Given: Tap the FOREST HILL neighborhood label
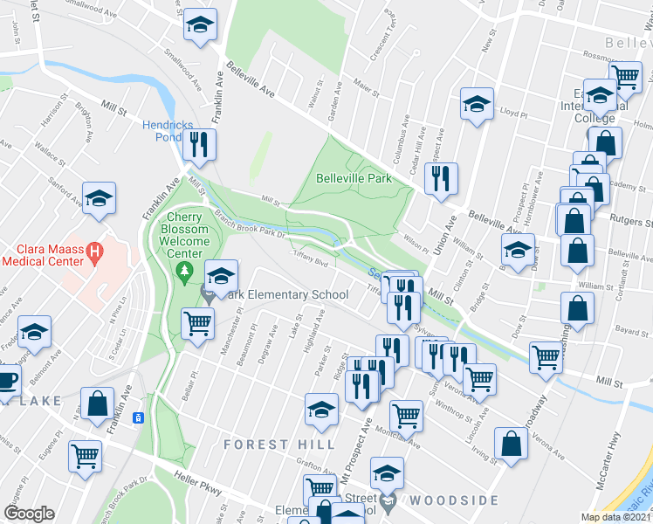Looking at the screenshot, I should coord(278,445).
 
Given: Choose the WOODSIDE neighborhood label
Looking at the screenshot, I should coord(454,500).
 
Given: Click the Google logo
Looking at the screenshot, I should coord(29,514).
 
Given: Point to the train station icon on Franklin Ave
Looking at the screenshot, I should coord(137,417).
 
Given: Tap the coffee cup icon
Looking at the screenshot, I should coord(7,382).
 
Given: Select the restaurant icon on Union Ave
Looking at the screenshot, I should coord(439,178).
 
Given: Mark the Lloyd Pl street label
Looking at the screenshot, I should coord(513,113).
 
